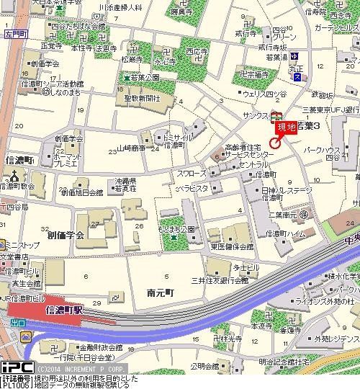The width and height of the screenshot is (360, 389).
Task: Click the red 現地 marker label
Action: click(x=286, y=126)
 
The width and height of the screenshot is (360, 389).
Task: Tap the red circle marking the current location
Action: click(x=274, y=141)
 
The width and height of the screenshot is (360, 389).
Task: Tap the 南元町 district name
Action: click(x=161, y=294)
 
